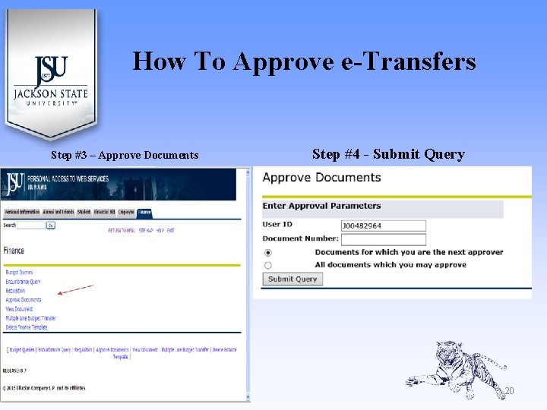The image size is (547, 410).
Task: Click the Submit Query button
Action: point(292,279)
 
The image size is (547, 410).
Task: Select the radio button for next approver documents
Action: point(267,252)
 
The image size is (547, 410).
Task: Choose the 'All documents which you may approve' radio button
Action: point(267,265)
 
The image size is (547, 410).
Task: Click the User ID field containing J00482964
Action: point(384,225)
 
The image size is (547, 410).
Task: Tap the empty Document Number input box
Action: point(384,238)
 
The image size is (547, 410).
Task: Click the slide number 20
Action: point(509,391)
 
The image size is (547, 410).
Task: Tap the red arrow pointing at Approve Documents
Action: point(76,290)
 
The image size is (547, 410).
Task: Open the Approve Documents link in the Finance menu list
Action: point(24,300)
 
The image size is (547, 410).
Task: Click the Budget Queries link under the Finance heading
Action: point(19,272)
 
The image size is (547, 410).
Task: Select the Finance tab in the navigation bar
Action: point(144,213)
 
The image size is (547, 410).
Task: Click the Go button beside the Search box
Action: point(51,225)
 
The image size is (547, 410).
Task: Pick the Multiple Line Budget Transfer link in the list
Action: point(31,318)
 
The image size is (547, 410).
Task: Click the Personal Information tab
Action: point(22,213)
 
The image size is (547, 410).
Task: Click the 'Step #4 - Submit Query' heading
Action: point(388,154)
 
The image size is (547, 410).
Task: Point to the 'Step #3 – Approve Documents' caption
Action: point(125,155)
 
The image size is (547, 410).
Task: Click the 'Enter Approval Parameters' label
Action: point(321,206)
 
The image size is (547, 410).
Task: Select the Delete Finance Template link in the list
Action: point(27,327)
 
